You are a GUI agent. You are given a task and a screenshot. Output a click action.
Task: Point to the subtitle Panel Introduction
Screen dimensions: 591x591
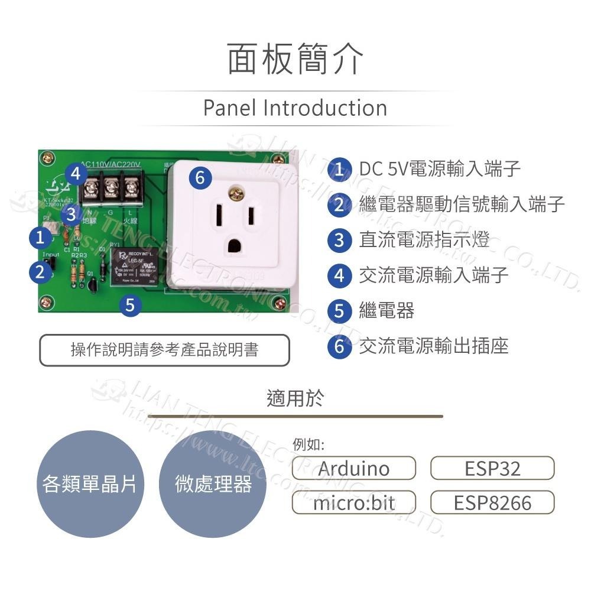point(295,108)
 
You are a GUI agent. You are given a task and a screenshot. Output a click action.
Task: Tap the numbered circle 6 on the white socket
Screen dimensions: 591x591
point(200,177)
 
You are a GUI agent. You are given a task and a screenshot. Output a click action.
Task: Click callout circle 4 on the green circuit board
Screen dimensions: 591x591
point(73,174)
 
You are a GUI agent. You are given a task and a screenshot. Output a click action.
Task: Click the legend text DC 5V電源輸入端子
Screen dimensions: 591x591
point(440,169)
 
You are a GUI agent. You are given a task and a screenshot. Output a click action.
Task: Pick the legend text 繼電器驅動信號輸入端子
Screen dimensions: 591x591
point(462,204)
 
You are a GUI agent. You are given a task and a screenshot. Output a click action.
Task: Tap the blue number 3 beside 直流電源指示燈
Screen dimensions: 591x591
point(339,240)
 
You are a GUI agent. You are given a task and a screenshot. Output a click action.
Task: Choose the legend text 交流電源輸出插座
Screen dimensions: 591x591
point(433,346)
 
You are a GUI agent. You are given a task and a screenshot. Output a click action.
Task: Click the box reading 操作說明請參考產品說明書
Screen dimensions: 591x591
point(164,350)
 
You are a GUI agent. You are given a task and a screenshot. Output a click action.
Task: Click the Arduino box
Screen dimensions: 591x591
point(354,469)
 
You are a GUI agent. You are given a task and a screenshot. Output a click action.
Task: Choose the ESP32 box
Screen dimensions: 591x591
point(492,469)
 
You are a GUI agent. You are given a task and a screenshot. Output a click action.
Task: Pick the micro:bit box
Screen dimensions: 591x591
point(354,503)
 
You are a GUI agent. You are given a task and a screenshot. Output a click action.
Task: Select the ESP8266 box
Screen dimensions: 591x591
point(492,503)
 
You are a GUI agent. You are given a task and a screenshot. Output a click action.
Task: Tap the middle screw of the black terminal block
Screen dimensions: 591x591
point(111,189)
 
